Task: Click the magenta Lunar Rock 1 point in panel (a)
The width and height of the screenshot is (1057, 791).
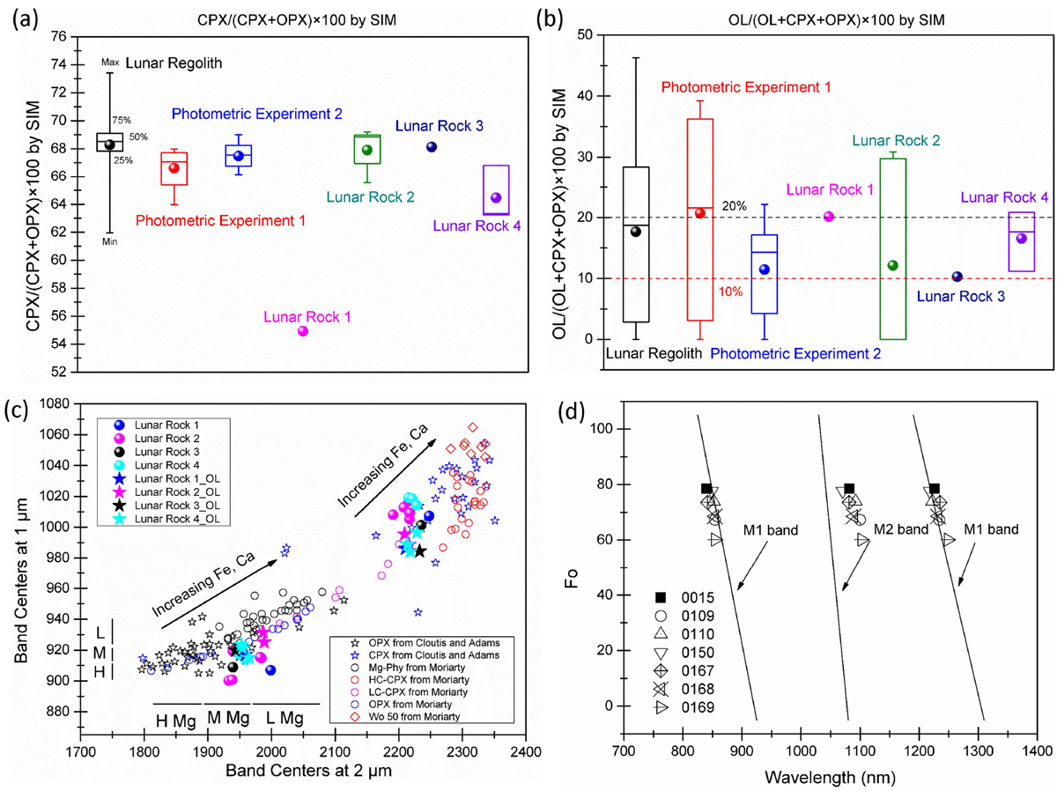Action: (x=303, y=331)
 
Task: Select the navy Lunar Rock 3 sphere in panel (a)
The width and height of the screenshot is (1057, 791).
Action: (x=432, y=146)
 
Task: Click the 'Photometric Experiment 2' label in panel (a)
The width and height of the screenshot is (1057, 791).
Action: (x=256, y=114)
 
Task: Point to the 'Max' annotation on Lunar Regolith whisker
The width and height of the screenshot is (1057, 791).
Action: (x=109, y=63)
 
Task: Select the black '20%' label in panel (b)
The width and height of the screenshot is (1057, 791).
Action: (x=734, y=206)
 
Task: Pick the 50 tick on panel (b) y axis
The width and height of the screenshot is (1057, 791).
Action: (x=592, y=35)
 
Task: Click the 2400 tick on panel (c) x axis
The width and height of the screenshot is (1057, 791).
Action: (x=525, y=752)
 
